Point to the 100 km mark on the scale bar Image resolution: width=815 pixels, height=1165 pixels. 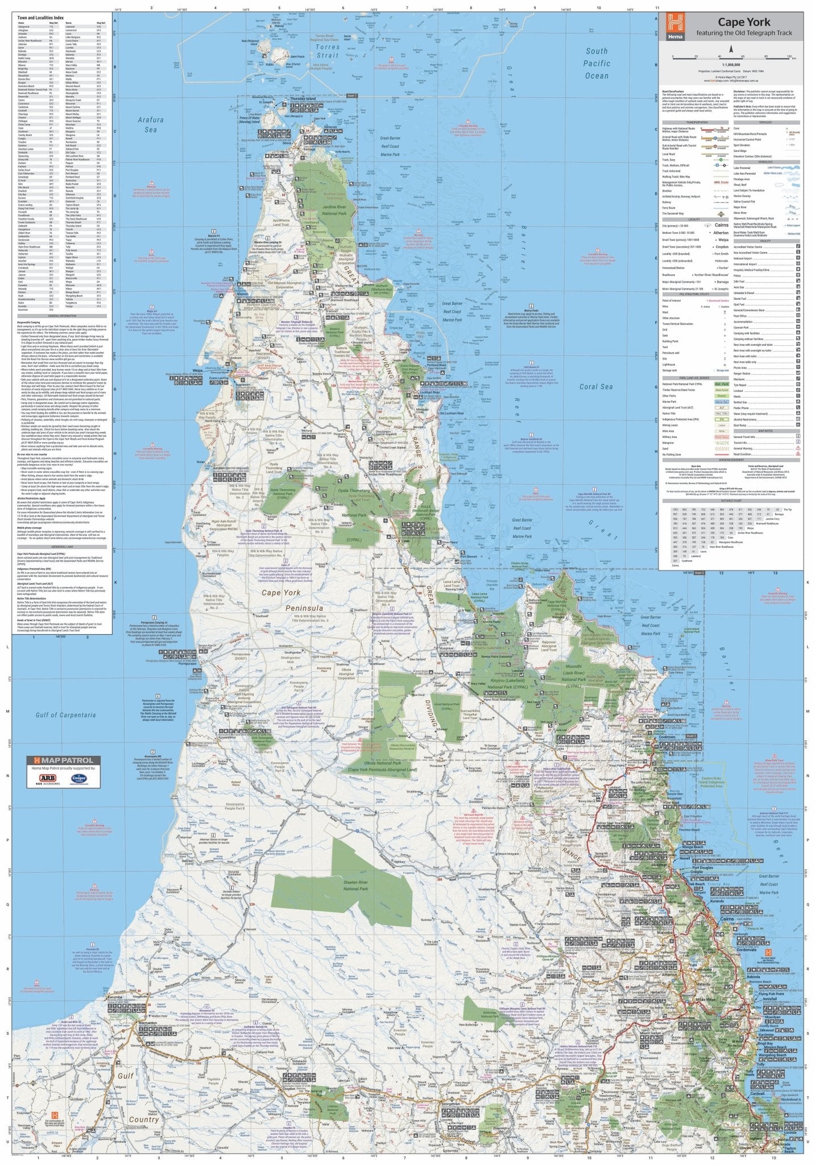tap(788, 57)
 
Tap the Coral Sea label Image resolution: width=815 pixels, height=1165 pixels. tap(595, 387)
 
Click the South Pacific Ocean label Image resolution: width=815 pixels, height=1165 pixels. tap(597, 63)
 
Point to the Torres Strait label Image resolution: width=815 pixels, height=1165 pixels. tap(328, 51)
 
